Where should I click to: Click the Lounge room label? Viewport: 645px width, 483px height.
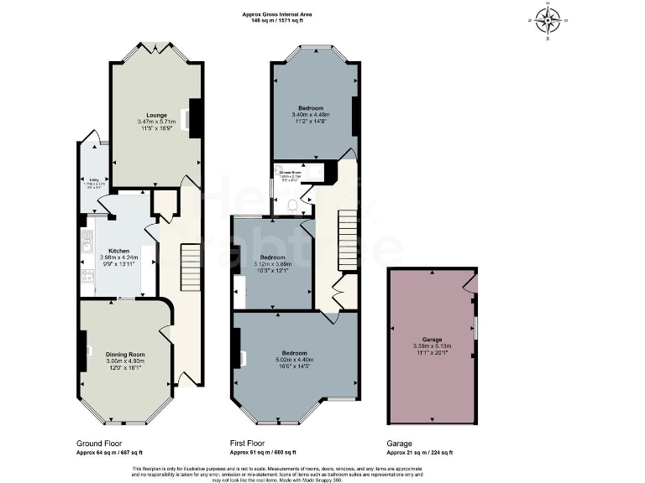[x=156, y=115]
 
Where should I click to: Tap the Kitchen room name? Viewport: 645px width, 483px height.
[x=118, y=251]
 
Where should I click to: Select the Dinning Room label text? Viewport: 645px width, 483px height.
[x=125, y=355]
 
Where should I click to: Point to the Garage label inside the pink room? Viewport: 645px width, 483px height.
[x=432, y=340]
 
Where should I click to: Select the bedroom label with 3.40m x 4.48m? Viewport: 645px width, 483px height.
[x=310, y=108]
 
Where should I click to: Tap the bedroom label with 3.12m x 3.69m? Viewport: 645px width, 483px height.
[x=274, y=257]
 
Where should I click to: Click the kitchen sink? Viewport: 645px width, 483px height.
[x=87, y=244]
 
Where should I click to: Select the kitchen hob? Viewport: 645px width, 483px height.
[x=87, y=275]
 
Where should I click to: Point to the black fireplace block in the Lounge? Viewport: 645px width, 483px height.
[x=195, y=117]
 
